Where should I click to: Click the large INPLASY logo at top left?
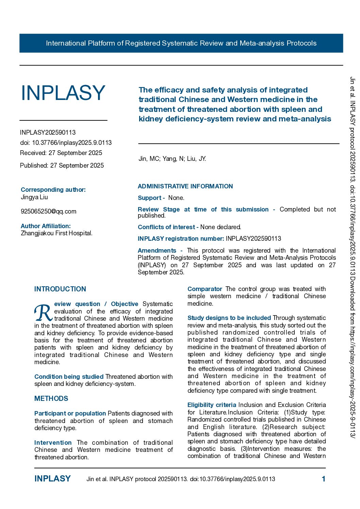63,93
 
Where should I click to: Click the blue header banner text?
181,43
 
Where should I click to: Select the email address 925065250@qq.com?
48,211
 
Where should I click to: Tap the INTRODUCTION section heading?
60,289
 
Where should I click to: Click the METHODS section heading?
51,398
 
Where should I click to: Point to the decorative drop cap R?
43,313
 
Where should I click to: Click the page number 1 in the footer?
323,479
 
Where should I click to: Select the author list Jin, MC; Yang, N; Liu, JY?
172,159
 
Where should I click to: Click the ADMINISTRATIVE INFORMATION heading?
185,186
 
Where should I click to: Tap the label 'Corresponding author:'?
53,190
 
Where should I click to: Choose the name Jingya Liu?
34,197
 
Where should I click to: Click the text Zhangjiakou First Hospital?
56,233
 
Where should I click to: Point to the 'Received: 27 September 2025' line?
61,153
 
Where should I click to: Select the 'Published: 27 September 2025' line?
62,166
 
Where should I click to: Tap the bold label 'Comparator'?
204,289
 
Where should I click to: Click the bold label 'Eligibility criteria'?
212,405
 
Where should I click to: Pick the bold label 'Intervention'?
53,443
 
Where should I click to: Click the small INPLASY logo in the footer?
52,479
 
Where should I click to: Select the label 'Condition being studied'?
69,377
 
